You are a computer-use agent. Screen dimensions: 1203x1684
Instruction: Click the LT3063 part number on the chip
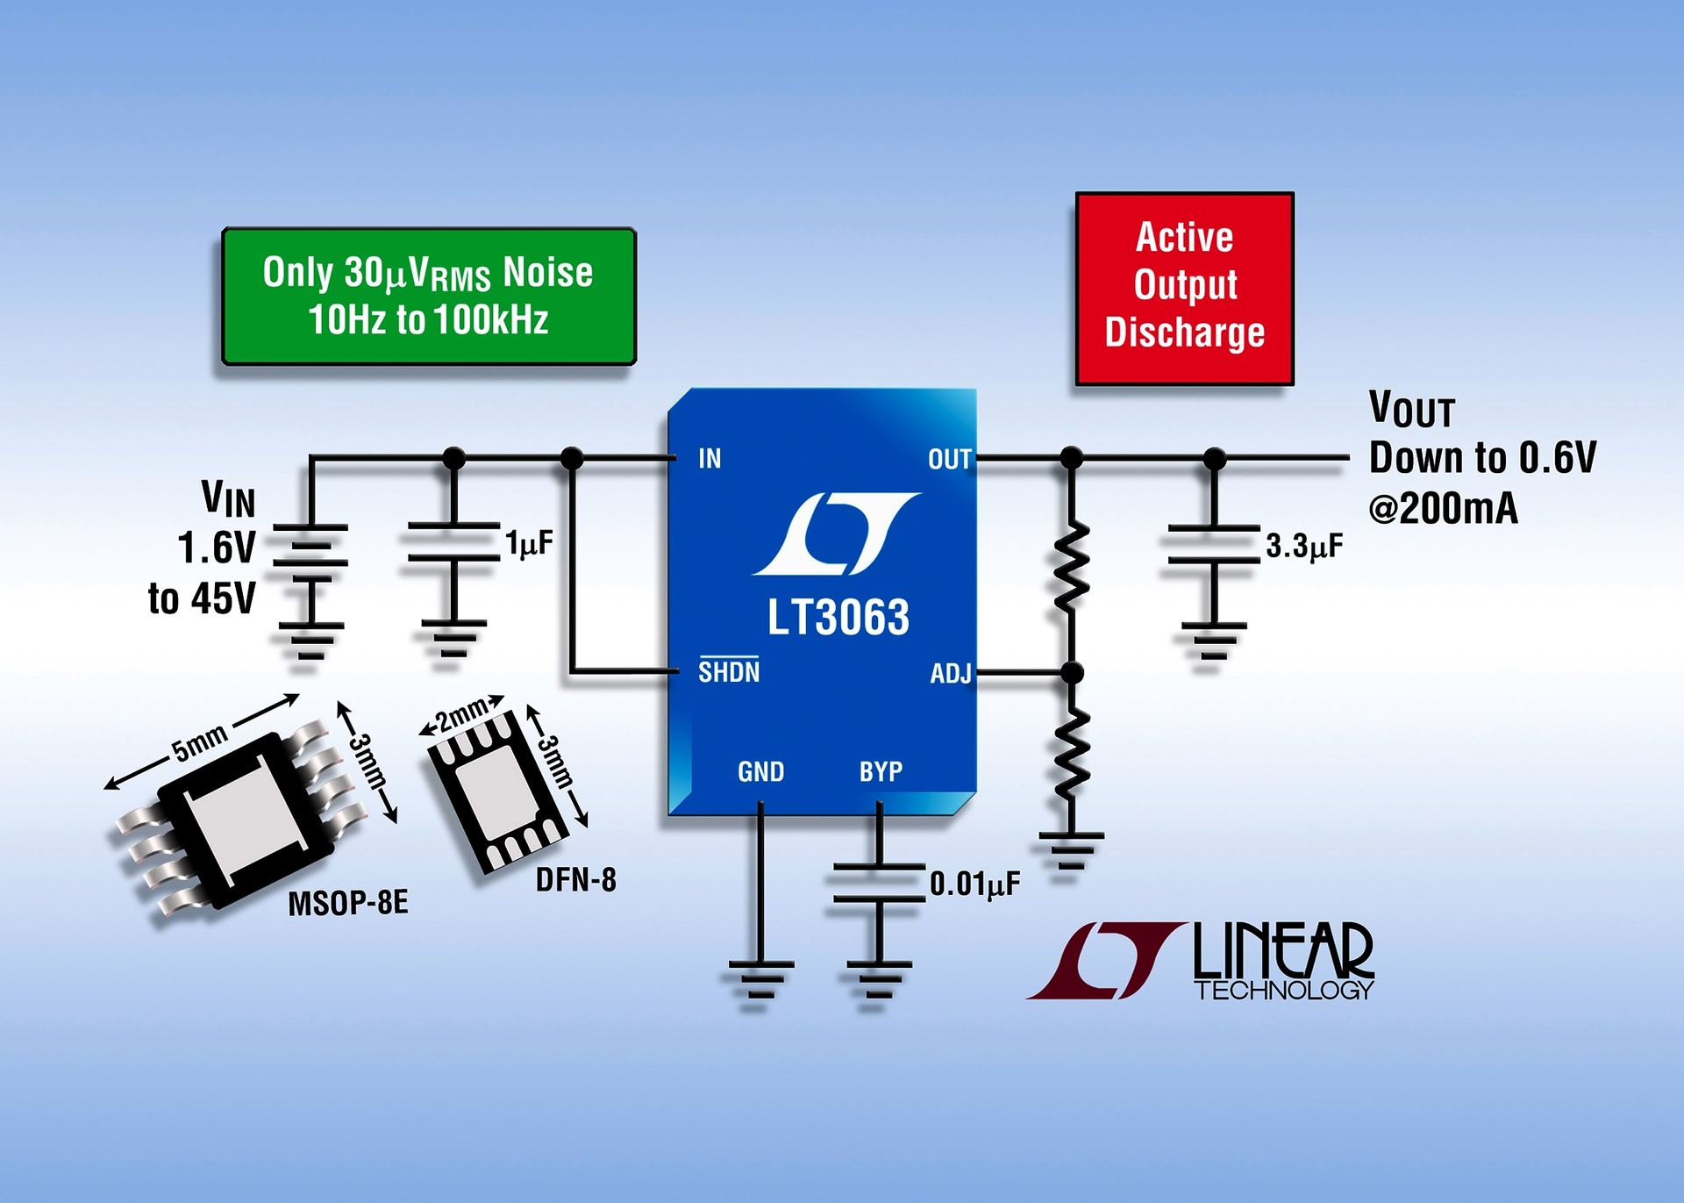pyautogui.click(x=838, y=618)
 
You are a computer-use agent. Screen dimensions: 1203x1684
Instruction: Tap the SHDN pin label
pyautogui.click(x=729, y=672)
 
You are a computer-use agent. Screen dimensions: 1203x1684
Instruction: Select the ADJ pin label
pyautogui.click(x=951, y=674)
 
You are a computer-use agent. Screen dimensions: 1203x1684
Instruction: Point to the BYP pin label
pyautogui.click(x=881, y=771)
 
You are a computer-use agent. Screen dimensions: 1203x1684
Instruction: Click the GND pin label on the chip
pyautogui.click(x=760, y=772)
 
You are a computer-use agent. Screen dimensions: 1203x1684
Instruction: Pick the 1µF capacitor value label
pyautogui.click(x=529, y=544)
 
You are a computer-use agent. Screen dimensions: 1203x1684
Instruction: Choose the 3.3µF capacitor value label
pyautogui.click(x=1303, y=547)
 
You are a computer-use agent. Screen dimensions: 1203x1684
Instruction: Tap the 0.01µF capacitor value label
pyautogui.click(x=974, y=884)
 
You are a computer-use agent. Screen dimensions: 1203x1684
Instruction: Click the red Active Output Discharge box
pyautogui.click(x=1184, y=288)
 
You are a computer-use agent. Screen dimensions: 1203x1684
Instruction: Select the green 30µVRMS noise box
pyautogui.click(x=429, y=297)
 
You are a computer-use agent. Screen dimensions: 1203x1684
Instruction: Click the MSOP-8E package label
pyautogui.click(x=348, y=903)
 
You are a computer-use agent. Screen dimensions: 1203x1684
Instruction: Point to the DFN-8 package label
pyautogui.click(x=575, y=879)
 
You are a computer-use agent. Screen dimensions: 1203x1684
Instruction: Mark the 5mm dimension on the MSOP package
pyautogui.click(x=199, y=742)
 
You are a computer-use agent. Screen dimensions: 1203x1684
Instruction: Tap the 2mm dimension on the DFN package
pyautogui.click(x=462, y=714)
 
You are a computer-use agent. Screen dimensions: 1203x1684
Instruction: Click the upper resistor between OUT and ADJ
pyautogui.click(x=1071, y=566)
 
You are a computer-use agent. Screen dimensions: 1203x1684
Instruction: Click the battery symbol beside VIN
pyautogui.click(x=310, y=553)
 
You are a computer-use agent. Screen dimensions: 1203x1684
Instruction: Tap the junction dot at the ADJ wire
pyautogui.click(x=1072, y=673)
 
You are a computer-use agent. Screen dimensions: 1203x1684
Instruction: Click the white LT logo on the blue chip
pyautogui.click(x=836, y=533)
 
